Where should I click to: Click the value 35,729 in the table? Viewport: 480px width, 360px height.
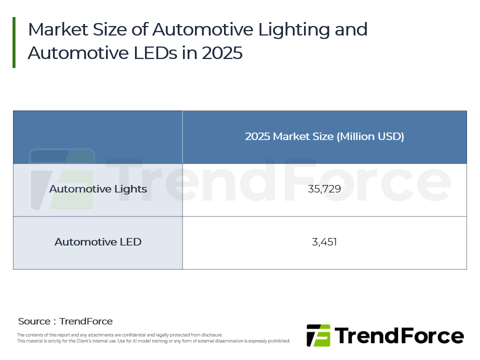(324, 189)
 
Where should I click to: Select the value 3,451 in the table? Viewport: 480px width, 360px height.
(324, 242)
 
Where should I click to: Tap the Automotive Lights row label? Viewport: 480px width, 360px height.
(98, 189)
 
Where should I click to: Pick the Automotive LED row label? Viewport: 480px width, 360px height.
(98, 242)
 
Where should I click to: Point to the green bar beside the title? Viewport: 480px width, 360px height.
(14, 42)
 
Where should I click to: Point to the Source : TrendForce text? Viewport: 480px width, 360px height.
(65, 321)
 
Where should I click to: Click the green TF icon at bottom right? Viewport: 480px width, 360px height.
(318, 335)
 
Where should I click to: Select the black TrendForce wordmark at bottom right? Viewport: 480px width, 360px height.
(398, 335)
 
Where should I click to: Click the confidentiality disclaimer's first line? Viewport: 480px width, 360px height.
(120, 335)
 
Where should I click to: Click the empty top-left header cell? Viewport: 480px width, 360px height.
(98, 137)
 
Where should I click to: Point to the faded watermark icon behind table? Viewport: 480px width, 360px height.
(62, 179)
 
